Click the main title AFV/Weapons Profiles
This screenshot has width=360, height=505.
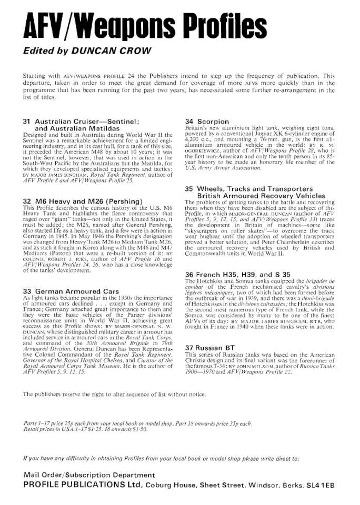pyautogui.click(x=139, y=26)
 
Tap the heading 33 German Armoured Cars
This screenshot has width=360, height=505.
pyautogui.click(x=70, y=291)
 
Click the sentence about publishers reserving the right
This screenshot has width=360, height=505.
pyautogui.click(x=114, y=394)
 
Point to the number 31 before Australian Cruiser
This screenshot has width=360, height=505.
pyautogui.click(x=27, y=122)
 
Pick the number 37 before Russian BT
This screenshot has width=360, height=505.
pyautogui.click(x=190, y=348)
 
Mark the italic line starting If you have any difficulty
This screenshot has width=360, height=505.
pyautogui.click(x=161, y=459)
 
